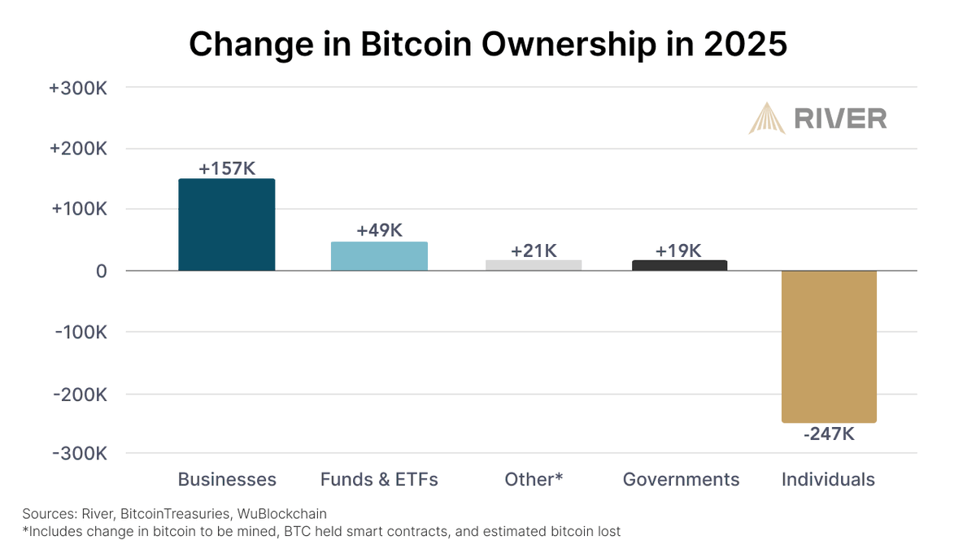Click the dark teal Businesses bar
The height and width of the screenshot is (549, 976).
[x=227, y=224]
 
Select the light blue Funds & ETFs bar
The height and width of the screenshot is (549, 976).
[x=379, y=256]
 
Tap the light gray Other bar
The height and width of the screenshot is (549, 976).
[x=534, y=264]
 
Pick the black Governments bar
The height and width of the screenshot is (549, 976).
[x=679, y=265]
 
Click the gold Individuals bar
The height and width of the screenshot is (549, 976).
[x=829, y=346]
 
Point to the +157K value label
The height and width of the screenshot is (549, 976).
[x=227, y=168]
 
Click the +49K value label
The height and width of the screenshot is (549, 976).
[x=379, y=231]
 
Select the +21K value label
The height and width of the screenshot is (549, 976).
[x=534, y=251]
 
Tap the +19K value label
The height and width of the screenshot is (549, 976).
[x=679, y=251]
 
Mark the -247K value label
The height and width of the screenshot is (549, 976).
[x=829, y=434]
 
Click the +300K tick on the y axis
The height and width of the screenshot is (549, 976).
[x=79, y=89]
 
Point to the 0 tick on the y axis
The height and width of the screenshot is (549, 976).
[x=101, y=271]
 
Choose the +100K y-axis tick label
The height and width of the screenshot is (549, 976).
[x=79, y=210]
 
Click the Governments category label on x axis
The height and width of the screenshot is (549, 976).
[x=681, y=480]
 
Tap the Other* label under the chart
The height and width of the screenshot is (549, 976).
[x=534, y=480]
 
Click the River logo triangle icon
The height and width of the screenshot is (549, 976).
[x=766, y=118]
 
